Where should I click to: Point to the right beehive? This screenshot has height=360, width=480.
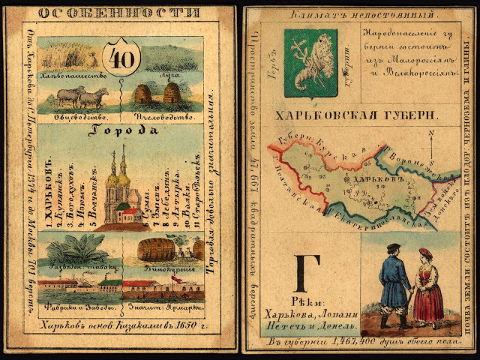click(x=172, y=94)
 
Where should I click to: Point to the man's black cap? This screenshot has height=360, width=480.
click(x=391, y=247)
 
